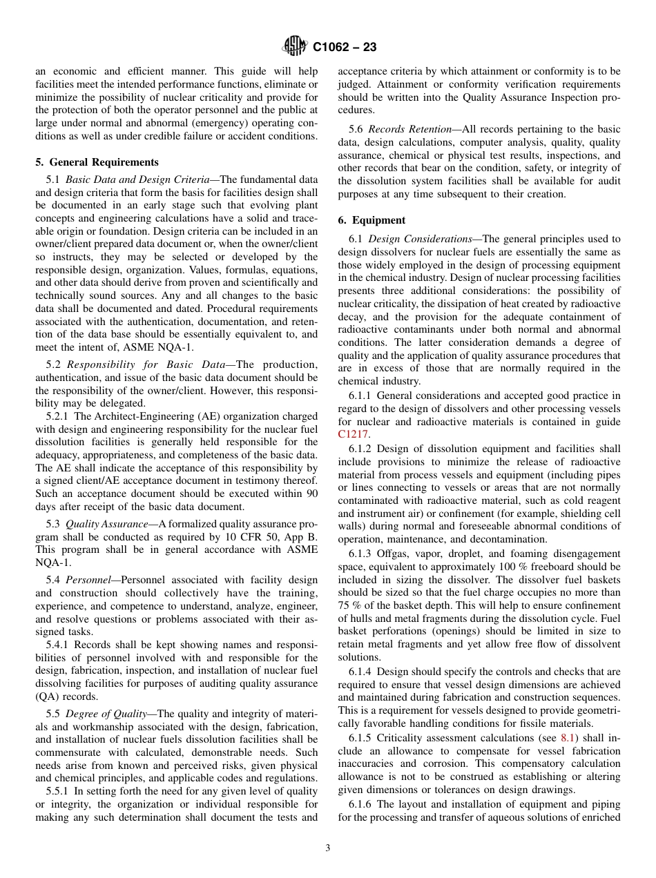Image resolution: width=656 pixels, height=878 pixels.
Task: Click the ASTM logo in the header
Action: (295, 47)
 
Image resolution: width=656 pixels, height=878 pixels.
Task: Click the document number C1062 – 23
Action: (345, 48)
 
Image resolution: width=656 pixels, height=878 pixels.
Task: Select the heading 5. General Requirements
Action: (97, 162)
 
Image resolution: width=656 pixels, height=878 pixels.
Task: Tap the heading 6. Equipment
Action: (372, 220)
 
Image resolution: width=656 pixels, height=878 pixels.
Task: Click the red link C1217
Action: (354, 434)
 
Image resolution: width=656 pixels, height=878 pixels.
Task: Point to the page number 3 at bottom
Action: (328, 848)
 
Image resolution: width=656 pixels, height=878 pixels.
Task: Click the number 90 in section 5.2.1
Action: (311, 494)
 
